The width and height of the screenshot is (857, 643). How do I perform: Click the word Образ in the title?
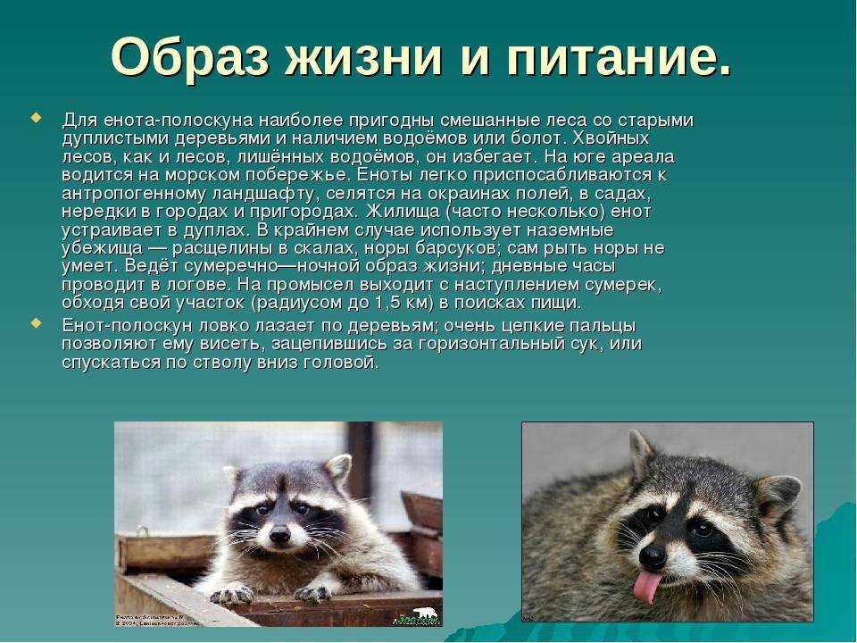[x=190, y=57]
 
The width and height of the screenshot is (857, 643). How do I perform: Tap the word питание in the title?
[x=610, y=57]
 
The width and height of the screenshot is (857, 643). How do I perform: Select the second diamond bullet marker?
[x=36, y=323]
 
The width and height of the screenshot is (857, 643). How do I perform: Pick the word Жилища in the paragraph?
[x=403, y=212]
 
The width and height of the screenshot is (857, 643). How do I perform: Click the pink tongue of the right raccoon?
[x=647, y=586]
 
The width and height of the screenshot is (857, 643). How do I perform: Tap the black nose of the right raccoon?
[x=653, y=557]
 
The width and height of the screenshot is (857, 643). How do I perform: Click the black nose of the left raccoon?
[x=279, y=534]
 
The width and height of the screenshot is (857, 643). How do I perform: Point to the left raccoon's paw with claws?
[x=232, y=593]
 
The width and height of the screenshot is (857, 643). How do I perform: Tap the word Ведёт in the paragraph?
[x=153, y=266]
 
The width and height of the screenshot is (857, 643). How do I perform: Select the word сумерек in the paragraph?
[x=623, y=285]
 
